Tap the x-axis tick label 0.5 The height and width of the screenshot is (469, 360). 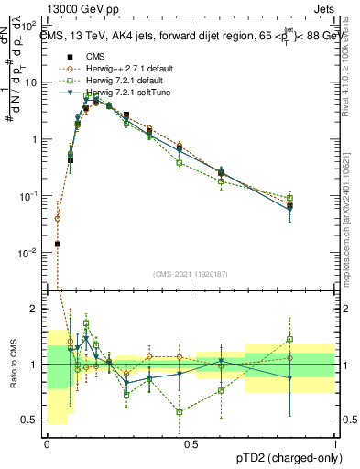191,443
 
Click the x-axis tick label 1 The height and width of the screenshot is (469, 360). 335,443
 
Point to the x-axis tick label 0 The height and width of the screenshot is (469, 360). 47,443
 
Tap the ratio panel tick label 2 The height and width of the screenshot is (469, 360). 35,309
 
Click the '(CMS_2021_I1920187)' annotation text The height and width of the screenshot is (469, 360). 191,273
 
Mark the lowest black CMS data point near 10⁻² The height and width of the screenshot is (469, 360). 58,244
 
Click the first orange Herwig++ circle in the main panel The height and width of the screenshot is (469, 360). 58,219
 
